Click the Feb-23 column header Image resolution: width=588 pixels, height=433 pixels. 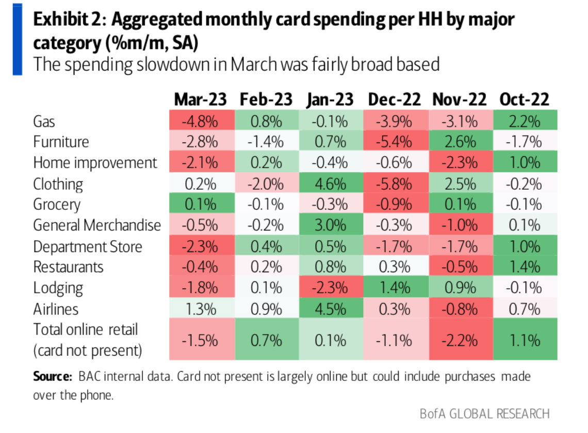(x=266, y=99)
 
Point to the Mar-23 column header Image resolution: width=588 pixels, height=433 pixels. (x=200, y=99)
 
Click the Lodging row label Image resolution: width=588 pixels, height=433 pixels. (x=58, y=288)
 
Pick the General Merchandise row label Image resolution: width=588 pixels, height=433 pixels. (x=97, y=225)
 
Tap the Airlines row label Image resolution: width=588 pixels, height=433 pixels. (x=56, y=309)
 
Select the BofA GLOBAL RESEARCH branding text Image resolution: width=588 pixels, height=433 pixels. (x=484, y=413)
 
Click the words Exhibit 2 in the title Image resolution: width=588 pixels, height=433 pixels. (x=67, y=20)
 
